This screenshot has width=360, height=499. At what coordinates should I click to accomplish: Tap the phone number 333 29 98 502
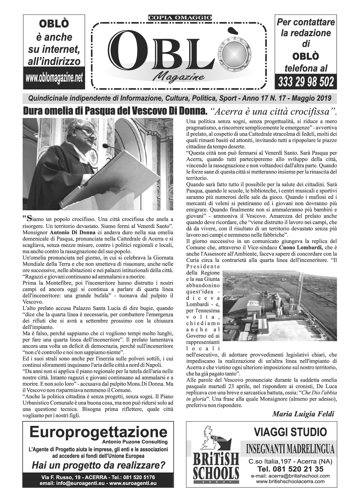pyautogui.click(x=306, y=82)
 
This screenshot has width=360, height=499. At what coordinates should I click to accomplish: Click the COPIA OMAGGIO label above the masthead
pyautogui.click(x=180, y=18)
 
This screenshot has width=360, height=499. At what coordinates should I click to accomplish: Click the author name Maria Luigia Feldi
pyautogui.click(x=303, y=414)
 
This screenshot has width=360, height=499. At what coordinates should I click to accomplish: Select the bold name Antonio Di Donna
pyautogui.click(x=69, y=232)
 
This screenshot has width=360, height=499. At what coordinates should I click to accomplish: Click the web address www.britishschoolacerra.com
pyautogui.click(x=290, y=482)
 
